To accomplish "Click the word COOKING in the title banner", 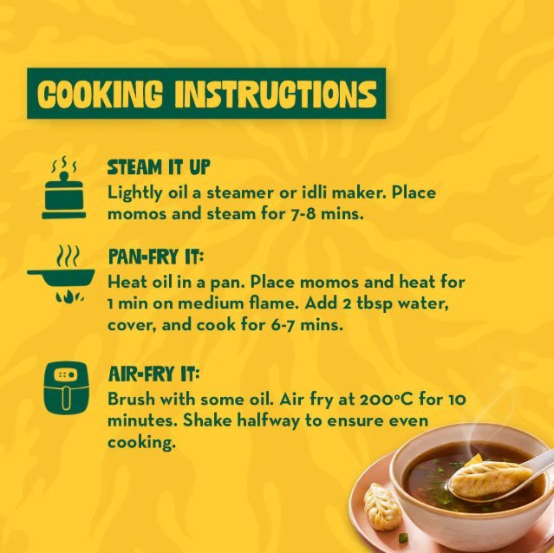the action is coord(100,94).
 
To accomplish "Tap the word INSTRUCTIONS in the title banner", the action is coord(276,94).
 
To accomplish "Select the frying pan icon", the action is coord(62,275).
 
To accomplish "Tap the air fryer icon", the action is coord(66,387).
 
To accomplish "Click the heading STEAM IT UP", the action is coord(159,167).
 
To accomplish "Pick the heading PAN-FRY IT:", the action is coord(156,257).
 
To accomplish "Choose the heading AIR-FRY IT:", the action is coord(153,374).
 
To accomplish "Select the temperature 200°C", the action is coord(387,400).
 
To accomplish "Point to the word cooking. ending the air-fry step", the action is coord(141,443).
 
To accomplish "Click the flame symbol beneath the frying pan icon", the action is coord(69,296).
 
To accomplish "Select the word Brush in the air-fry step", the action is coord(132,400).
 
